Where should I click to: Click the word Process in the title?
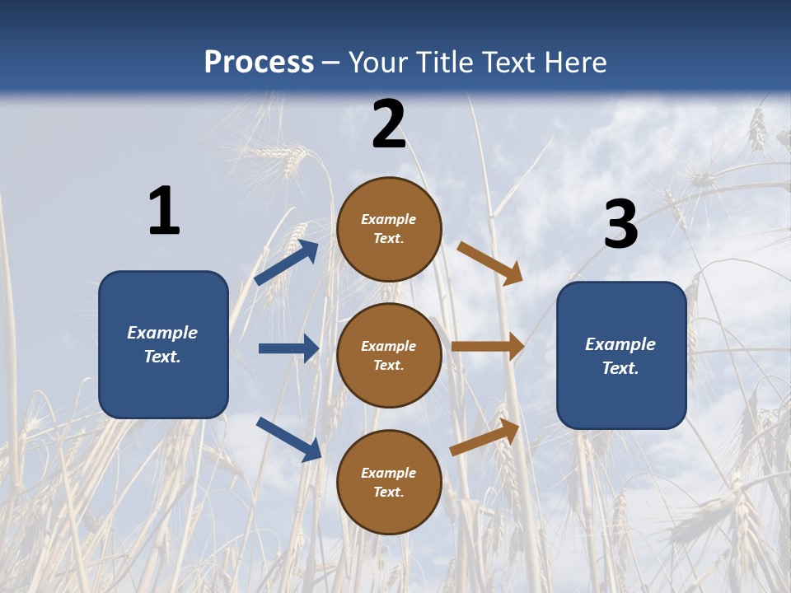[259, 63]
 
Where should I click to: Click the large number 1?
[164, 212]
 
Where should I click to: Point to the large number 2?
[389, 124]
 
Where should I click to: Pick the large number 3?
[620, 225]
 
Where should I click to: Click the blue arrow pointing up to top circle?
[287, 263]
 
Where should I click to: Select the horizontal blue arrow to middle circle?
[288, 348]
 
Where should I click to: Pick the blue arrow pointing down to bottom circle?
[288, 439]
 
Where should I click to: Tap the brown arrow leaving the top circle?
[490, 263]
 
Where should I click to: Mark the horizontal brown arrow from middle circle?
[488, 347]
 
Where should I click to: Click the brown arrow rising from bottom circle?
[485, 437]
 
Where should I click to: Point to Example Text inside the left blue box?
[162, 344]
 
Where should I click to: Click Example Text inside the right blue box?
[620, 356]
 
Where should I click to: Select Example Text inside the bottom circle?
[389, 483]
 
